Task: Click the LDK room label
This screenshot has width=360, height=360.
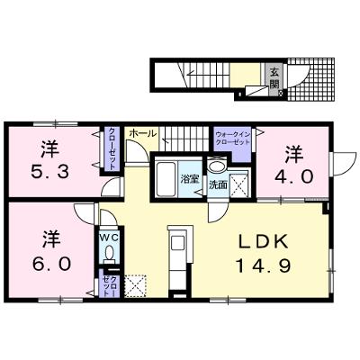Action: [x=263, y=241]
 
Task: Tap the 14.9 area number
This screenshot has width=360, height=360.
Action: [x=263, y=265]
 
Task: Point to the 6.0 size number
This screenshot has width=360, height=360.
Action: [x=52, y=264]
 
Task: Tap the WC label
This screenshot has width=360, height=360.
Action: [x=109, y=238]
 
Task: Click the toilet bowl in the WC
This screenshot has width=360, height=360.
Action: [x=109, y=252]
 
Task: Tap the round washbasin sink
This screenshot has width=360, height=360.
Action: [x=218, y=166]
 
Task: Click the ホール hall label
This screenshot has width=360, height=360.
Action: [x=143, y=133]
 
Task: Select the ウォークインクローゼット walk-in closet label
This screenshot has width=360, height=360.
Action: [x=233, y=139]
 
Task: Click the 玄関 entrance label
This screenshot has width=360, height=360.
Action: [x=274, y=78]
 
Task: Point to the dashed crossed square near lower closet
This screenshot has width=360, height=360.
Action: [x=136, y=286]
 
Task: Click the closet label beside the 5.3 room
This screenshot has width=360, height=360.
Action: [x=112, y=148]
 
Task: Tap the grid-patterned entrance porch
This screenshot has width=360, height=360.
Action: [x=310, y=79]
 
